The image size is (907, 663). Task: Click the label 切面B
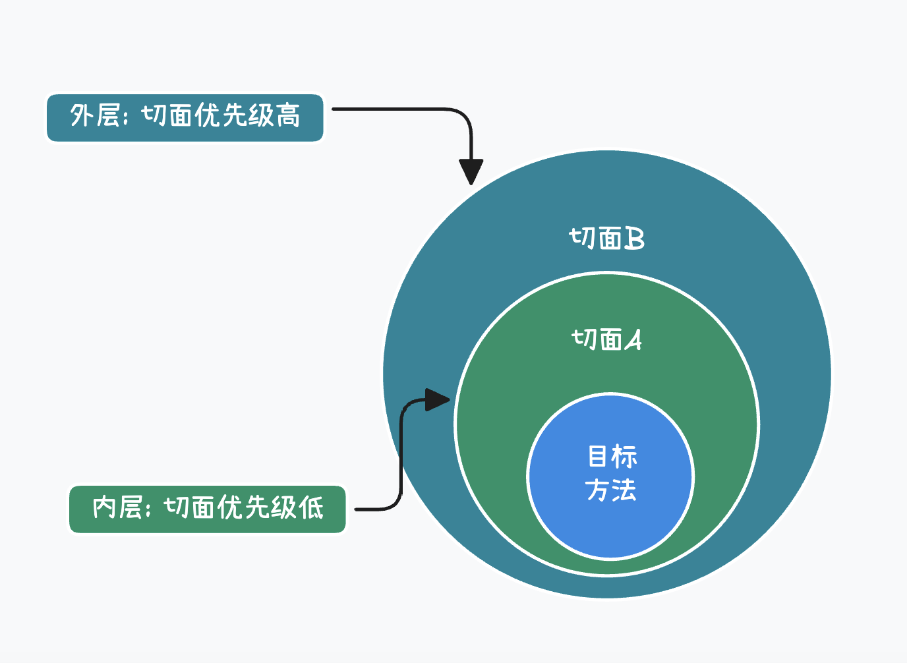tap(606, 238)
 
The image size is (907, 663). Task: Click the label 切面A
tap(606, 339)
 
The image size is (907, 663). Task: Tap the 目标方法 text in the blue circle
tap(611, 473)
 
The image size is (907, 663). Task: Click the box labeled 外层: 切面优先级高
tap(185, 117)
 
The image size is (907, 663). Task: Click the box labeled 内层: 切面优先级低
tap(207, 509)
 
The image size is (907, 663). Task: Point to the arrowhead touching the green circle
tap(437, 399)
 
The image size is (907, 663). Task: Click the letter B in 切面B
tap(634, 238)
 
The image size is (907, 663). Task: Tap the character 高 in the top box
tap(288, 116)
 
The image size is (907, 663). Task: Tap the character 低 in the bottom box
tap(311, 507)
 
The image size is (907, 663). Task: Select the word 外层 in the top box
tap(94, 116)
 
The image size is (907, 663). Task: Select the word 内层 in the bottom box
tap(117, 507)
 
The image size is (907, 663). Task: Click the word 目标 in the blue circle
tap(612, 456)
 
